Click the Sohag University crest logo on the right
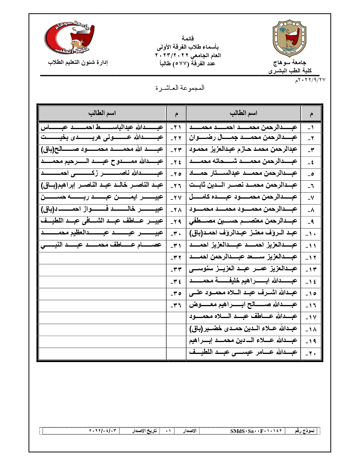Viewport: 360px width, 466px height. [x=289, y=38]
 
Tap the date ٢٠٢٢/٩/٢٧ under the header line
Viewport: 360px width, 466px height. [x=310, y=80]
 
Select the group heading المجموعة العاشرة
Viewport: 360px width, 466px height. [x=180, y=88]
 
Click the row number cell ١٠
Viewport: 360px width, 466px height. [x=311, y=234]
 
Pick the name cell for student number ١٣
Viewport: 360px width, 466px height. [x=243, y=269]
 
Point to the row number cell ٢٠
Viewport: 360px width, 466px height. [x=311, y=353]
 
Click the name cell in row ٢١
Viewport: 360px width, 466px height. [x=102, y=127]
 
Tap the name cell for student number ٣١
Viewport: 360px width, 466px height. [x=102, y=245]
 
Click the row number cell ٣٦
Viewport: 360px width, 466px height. [x=176, y=306]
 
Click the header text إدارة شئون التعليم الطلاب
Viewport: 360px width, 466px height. [x=78, y=62]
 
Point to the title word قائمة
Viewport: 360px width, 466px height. [x=188, y=38]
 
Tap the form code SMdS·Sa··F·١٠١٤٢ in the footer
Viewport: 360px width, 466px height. [x=256, y=431]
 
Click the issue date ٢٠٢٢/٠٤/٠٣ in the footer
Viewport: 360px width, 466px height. [x=103, y=431]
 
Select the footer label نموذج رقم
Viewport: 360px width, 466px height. [x=305, y=431]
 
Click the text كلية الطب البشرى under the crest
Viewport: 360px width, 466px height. [x=290, y=71]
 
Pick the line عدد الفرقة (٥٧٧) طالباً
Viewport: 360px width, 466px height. [x=187, y=64]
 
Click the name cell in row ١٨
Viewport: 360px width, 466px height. [x=243, y=329]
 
